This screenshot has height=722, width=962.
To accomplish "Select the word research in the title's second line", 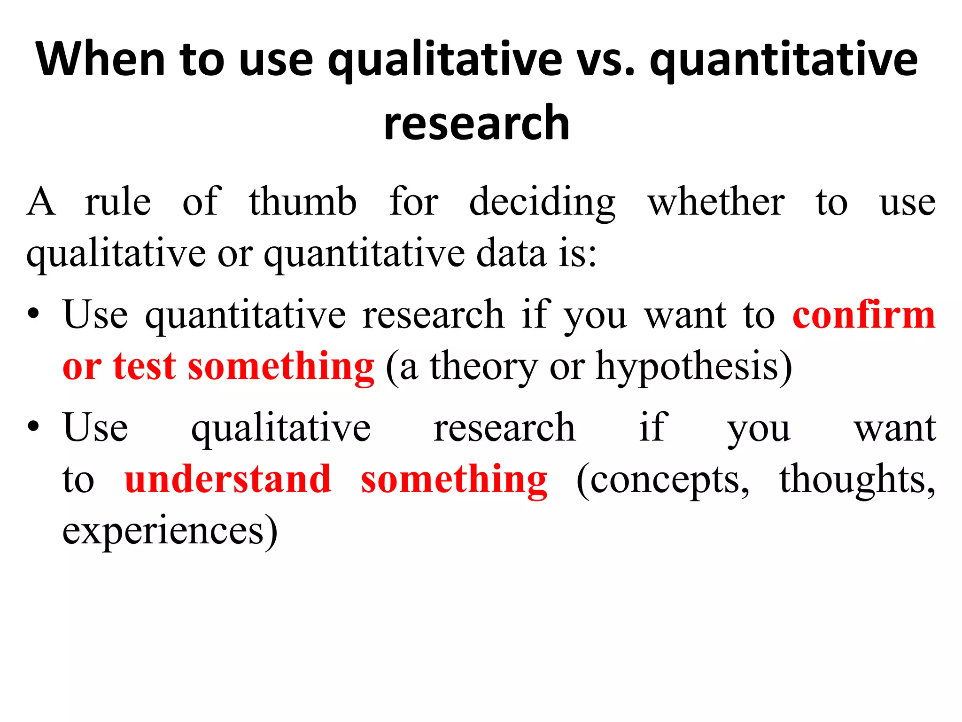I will point(476,123).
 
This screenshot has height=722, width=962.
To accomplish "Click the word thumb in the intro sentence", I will point(303,202).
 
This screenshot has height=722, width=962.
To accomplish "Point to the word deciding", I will point(543,203).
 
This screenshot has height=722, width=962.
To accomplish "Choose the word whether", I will point(716,202).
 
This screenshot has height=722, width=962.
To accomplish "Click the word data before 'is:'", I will point(512,253).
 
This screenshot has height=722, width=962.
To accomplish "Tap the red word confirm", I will point(864,315).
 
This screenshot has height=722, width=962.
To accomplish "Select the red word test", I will point(145,366).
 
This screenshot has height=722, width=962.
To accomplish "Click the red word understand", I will point(228,479).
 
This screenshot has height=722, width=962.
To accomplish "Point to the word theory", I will point(484,367).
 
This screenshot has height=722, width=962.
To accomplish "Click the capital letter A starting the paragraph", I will point(41,202).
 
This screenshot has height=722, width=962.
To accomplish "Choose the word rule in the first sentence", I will point(118,202).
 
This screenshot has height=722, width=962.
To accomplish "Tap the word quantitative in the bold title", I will point(784,60).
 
